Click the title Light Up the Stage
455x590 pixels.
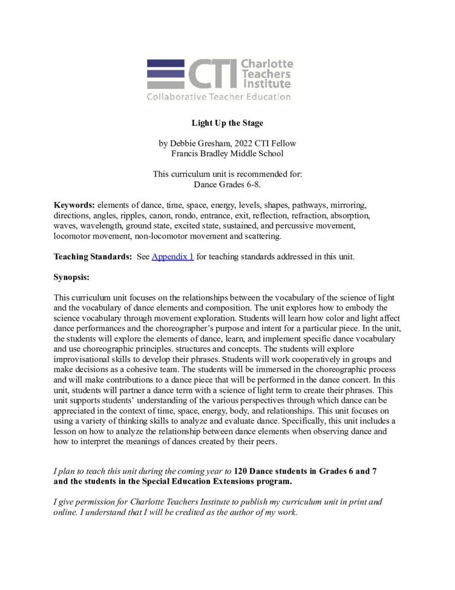(227, 123)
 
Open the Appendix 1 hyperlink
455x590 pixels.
(173, 256)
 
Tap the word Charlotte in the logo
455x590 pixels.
(267, 63)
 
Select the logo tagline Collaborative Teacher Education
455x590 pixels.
(219, 96)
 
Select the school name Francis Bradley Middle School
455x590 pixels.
(227, 153)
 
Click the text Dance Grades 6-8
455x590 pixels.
(227, 184)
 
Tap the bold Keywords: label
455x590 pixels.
(74, 205)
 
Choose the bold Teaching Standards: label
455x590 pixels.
(94, 256)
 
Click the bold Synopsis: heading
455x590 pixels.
(71, 277)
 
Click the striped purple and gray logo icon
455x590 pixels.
(165, 74)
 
